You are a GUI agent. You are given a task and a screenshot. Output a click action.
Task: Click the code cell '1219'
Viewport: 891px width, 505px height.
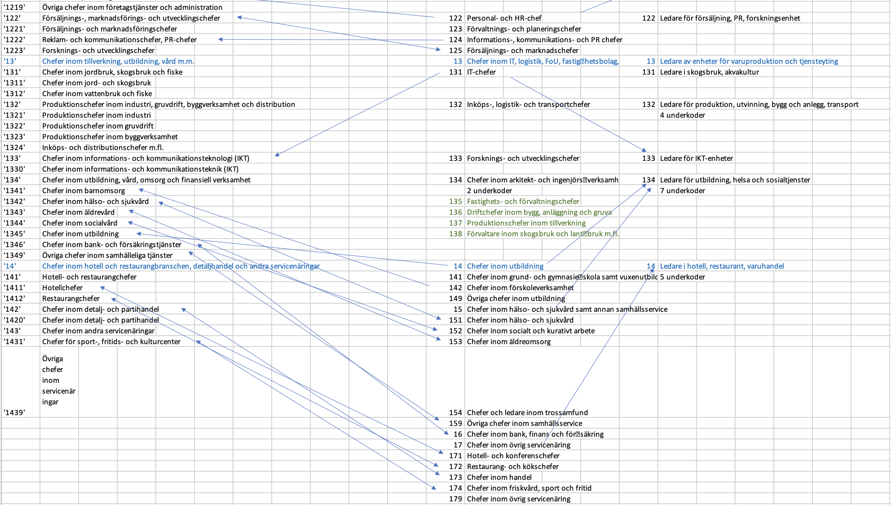click(x=14, y=7)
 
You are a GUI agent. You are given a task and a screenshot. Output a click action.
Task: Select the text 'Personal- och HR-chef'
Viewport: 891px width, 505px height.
click(x=504, y=18)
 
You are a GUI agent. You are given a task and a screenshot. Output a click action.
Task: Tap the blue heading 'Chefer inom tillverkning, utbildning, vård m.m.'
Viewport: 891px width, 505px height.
click(x=118, y=61)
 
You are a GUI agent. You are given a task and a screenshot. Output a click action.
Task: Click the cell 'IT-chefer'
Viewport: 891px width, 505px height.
click(x=481, y=72)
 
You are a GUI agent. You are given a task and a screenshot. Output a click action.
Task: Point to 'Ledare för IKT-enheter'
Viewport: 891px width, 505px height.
click(x=696, y=158)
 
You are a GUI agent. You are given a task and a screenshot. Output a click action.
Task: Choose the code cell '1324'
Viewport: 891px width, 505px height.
click(x=14, y=147)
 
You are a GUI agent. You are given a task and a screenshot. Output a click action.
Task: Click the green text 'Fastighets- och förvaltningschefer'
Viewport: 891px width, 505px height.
click(x=523, y=201)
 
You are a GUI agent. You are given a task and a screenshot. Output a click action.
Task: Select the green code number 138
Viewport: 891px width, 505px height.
click(x=455, y=234)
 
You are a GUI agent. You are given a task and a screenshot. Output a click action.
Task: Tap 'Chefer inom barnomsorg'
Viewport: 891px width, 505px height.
click(x=84, y=190)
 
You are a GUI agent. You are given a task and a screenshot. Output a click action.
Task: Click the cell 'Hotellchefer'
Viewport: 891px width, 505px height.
click(x=62, y=288)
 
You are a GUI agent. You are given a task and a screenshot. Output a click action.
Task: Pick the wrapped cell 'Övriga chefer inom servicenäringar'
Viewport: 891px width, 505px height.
click(x=58, y=380)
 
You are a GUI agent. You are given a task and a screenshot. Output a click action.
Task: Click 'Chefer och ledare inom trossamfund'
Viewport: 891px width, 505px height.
click(x=527, y=412)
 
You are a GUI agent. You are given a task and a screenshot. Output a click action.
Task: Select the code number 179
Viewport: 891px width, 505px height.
click(x=455, y=499)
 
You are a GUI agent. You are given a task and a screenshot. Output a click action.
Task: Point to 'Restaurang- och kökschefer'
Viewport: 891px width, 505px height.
click(x=513, y=466)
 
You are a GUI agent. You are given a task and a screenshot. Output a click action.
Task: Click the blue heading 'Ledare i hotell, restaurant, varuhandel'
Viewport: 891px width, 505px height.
click(x=722, y=266)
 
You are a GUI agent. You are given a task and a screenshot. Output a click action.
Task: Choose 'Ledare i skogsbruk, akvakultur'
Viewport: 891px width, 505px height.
click(x=710, y=72)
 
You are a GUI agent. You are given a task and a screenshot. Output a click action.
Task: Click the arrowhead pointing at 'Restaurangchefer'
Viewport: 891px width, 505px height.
click(x=113, y=299)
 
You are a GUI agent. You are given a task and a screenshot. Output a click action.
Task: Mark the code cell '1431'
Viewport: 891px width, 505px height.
click(x=14, y=341)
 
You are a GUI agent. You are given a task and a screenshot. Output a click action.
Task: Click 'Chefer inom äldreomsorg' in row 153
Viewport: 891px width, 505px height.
click(x=509, y=341)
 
